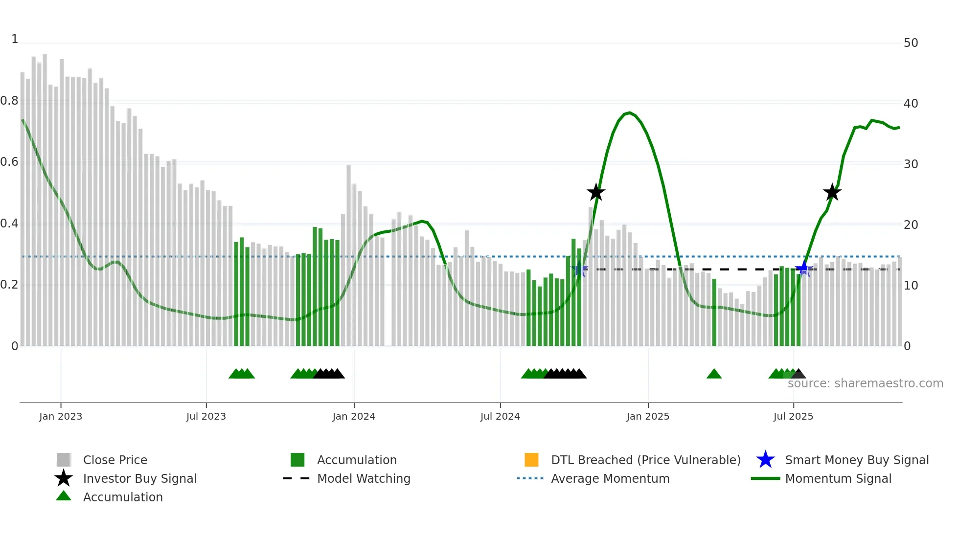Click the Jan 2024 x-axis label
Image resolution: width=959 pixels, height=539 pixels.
click(354, 416)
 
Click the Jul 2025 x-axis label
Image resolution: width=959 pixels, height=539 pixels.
click(793, 416)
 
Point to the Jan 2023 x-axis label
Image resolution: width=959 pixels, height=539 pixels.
click(61, 416)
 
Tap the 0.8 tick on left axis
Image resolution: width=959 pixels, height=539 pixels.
click(9, 101)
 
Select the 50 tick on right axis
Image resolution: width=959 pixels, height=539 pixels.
click(911, 43)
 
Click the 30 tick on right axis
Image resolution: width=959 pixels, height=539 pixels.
click(911, 164)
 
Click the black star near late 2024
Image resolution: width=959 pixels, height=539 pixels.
click(595, 193)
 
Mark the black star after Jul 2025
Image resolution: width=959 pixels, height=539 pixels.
click(832, 193)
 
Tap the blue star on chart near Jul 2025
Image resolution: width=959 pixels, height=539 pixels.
click(803, 269)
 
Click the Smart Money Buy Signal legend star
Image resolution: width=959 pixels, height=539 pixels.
click(765, 460)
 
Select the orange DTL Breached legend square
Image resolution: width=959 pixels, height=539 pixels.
click(531, 460)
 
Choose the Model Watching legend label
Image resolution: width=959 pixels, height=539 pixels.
click(364, 478)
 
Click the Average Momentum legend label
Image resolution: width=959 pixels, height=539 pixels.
click(610, 478)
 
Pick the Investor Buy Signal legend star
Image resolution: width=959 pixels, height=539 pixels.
click(64, 478)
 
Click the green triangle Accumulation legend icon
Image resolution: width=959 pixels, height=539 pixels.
click(64, 496)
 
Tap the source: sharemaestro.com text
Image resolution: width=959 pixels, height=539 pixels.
click(865, 383)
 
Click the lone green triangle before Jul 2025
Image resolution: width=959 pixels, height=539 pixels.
click(714, 374)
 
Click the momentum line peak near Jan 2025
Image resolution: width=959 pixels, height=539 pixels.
click(629, 113)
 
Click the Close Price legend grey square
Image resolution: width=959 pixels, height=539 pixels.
click(64, 460)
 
